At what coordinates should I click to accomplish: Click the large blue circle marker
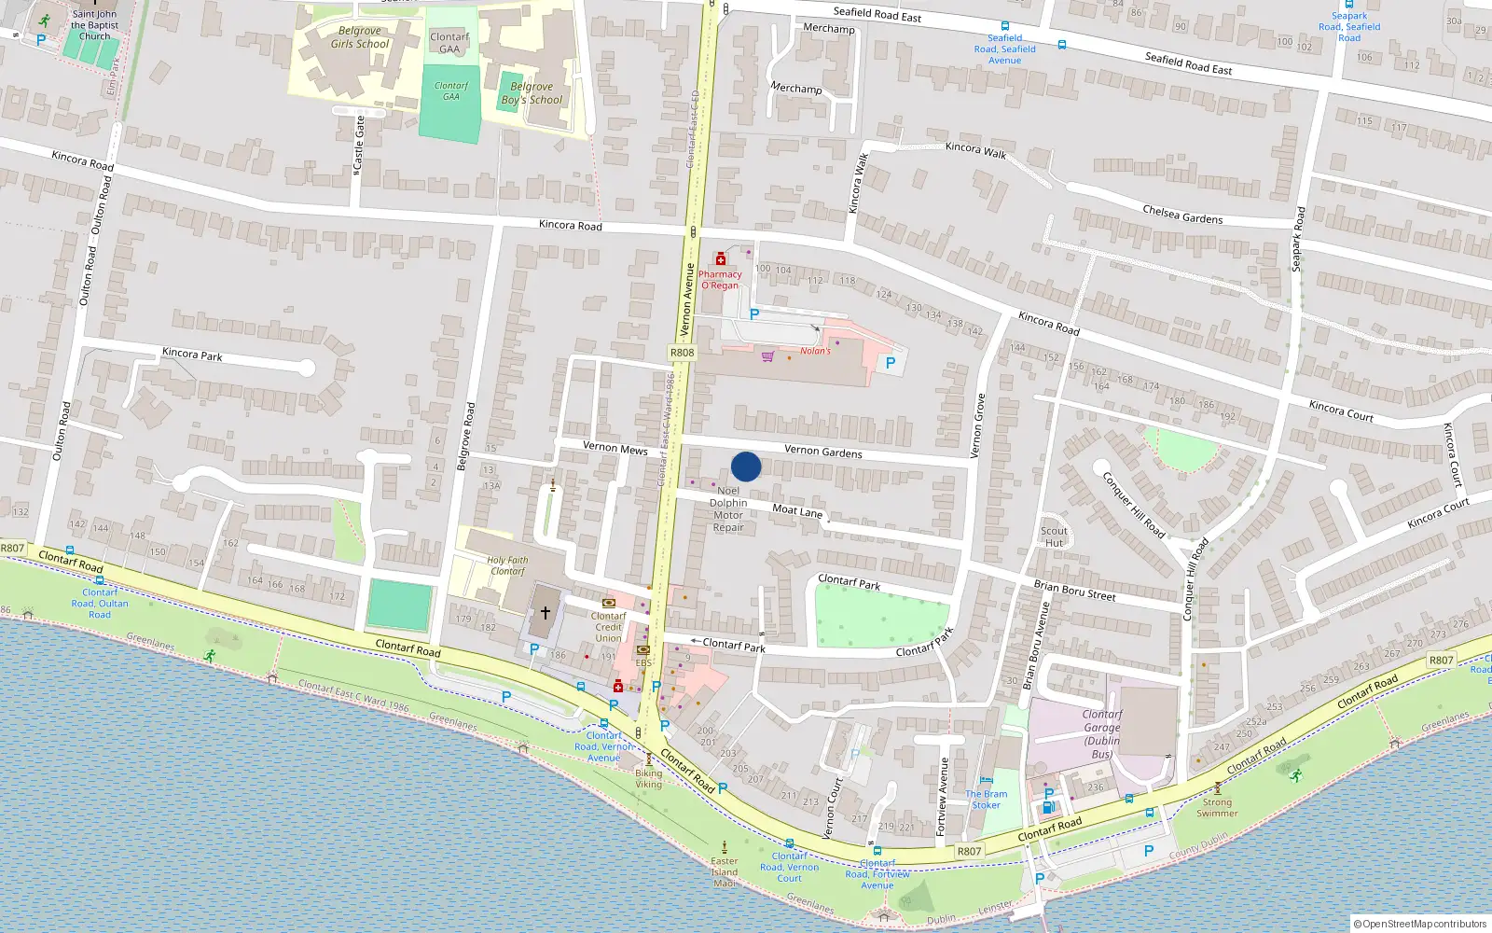click(x=746, y=466)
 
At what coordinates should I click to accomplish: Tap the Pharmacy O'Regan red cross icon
click(x=720, y=258)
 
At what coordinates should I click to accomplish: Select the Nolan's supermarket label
click(x=815, y=351)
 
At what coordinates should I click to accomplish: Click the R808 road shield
click(x=682, y=353)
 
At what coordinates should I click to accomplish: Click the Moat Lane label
click(x=797, y=510)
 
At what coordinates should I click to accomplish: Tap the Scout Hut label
click(x=1054, y=536)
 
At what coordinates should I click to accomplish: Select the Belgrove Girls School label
click(x=360, y=37)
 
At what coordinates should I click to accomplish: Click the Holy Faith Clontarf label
click(x=507, y=565)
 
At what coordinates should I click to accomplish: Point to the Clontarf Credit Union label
click(x=608, y=627)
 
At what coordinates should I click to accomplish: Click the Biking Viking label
click(x=648, y=778)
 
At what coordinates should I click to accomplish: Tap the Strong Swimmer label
click(x=1217, y=807)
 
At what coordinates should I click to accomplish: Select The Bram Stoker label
click(x=986, y=800)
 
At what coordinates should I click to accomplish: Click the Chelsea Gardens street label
click(x=1182, y=215)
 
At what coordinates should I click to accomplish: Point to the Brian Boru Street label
click(x=1074, y=590)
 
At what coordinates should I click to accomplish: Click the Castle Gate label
click(x=359, y=141)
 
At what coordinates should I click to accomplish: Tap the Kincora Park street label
click(x=192, y=354)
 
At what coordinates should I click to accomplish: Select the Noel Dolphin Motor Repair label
click(x=728, y=508)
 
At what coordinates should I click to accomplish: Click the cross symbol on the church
click(x=546, y=612)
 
